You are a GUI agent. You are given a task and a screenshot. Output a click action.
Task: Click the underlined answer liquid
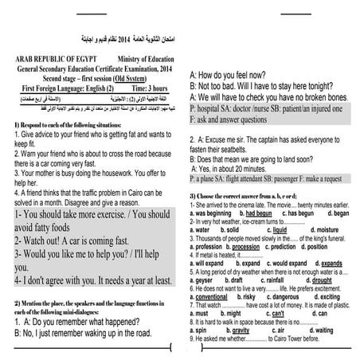277,229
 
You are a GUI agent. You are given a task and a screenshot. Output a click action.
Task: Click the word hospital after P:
213,106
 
